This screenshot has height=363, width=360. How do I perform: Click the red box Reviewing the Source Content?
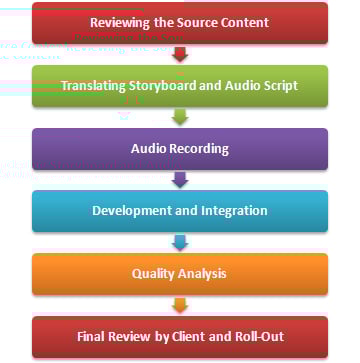(180, 22)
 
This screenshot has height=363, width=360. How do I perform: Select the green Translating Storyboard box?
(180, 85)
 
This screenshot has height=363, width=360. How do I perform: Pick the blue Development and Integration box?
(180, 209)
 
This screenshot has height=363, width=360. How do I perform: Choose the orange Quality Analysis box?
(180, 272)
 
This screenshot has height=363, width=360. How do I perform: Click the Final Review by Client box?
(180, 335)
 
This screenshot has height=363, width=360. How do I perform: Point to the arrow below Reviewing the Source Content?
(180, 54)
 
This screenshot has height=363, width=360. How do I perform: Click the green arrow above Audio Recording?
(180, 117)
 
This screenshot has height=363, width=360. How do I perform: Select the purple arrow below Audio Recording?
(180, 180)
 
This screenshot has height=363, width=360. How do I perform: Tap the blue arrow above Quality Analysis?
(180, 242)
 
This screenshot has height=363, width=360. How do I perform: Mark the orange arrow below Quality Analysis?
(180, 303)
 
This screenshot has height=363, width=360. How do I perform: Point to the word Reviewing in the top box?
(121, 22)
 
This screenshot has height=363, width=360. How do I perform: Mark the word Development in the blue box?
(131, 209)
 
